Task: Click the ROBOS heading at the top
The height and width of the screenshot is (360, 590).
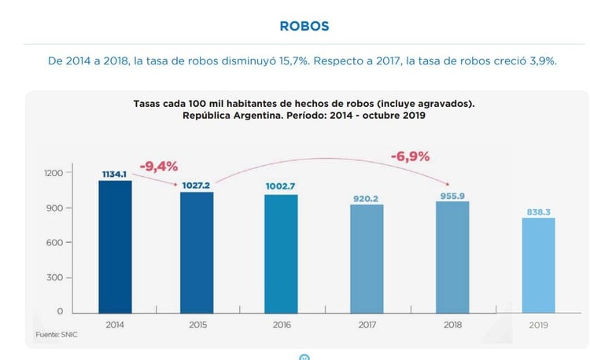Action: [304, 26]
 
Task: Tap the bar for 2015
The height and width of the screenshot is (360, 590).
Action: [197, 252]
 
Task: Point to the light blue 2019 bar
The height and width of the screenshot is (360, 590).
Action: [539, 264]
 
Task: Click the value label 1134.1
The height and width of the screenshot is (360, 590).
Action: [115, 174]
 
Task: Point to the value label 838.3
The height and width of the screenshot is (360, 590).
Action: [539, 211]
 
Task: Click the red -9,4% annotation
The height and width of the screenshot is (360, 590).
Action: [159, 166]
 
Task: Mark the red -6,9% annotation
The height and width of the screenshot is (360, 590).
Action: [410, 156]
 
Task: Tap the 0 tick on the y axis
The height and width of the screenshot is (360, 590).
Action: [70, 312]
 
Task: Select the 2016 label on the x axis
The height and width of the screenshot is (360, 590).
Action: [280, 325]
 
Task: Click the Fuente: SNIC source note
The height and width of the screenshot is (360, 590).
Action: [56, 335]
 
